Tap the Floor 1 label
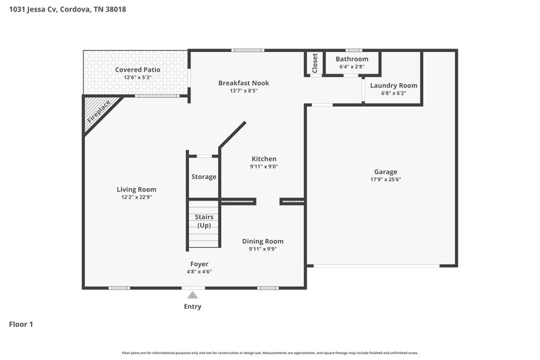pos(21,324)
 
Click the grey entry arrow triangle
pos(192,294)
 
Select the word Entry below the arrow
pos(192,307)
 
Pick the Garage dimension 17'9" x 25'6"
pos(385,180)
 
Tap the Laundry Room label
pos(394,86)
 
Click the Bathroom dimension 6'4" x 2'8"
pos(352,67)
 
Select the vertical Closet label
pos(315,63)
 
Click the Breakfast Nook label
pos(244,83)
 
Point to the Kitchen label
pos(264,159)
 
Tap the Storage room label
pos(204,177)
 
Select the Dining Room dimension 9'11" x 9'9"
pos(263,249)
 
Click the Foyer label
pos(199,264)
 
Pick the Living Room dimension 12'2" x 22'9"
pos(136,197)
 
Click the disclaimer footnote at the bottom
pos(270,353)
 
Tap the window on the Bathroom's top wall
pos(352,51)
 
